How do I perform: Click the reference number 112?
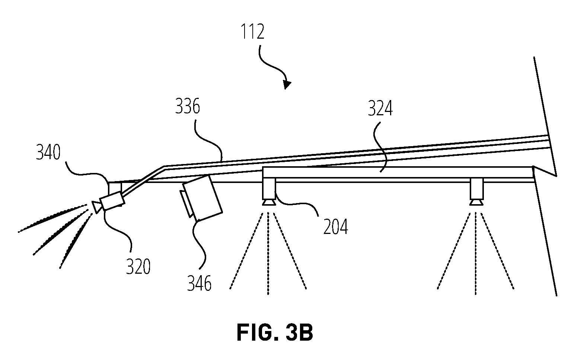252,32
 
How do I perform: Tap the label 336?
188,106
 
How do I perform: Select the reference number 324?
380,109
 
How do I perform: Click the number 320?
138,267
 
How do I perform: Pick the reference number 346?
200,283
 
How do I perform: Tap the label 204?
336,226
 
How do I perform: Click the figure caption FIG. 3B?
275,332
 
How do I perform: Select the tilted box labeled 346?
202,198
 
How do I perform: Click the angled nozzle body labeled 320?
112,200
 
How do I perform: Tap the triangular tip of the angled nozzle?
96,207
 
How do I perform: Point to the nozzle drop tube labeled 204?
269,189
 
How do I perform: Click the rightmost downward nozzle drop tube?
476,189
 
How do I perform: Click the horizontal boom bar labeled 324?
398,173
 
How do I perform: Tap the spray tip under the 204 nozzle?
269,202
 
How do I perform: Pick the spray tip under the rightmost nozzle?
476,202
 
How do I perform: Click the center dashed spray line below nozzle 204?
268,254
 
